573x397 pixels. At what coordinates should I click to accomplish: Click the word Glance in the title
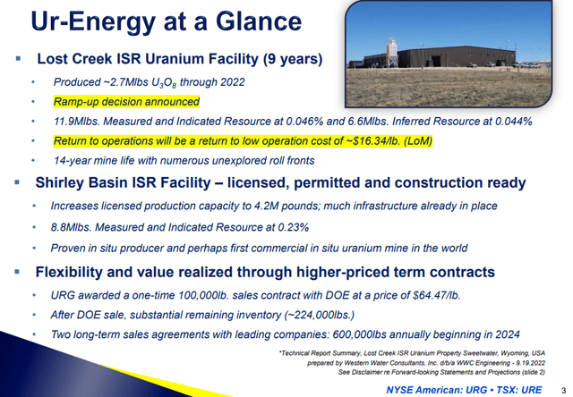tap(259, 21)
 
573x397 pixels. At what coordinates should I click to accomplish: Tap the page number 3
tap(563, 391)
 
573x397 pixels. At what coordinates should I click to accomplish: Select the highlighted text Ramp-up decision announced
tap(126, 101)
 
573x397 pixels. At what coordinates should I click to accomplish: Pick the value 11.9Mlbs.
tap(77, 121)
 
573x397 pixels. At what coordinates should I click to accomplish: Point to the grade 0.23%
tap(294, 227)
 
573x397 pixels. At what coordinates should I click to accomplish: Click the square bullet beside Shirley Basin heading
tap(17, 182)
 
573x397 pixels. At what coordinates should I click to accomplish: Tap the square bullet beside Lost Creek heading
tap(18, 58)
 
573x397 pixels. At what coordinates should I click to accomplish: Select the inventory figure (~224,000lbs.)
tap(320, 315)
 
